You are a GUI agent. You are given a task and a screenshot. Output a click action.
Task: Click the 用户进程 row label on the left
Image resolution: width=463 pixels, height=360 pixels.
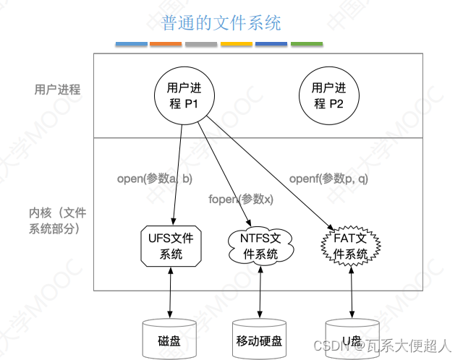click(x=57, y=90)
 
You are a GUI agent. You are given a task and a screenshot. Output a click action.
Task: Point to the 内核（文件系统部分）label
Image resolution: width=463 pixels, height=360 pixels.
click(x=58, y=220)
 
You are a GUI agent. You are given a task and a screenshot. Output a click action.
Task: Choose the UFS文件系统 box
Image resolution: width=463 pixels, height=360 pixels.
click(x=171, y=246)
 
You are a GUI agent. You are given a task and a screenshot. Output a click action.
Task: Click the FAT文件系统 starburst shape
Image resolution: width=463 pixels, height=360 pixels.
click(x=351, y=246)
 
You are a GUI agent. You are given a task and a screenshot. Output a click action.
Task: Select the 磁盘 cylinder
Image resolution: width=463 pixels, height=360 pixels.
click(x=171, y=337)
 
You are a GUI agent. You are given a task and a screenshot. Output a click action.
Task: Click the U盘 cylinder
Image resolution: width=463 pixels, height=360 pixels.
click(x=351, y=337)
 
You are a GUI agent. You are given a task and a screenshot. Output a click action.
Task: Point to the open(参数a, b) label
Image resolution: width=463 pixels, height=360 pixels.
click(x=154, y=179)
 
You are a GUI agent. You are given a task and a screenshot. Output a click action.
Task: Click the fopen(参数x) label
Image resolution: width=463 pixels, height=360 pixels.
click(x=240, y=199)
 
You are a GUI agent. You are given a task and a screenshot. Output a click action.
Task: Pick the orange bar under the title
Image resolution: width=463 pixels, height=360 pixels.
click(x=166, y=44)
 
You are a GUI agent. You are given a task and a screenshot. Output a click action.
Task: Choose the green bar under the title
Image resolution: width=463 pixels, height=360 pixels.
click(x=307, y=44)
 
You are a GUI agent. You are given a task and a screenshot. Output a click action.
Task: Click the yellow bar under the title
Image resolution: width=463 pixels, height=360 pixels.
click(x=236, y=44)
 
